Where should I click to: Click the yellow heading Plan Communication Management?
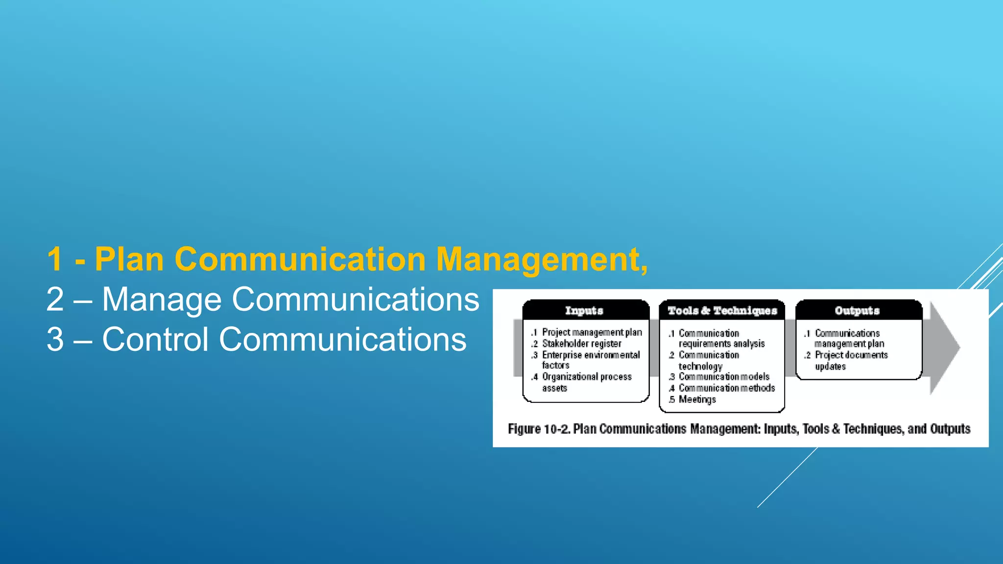point(347,259)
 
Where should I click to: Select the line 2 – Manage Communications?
point(263,299)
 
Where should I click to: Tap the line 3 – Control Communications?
point(256,339)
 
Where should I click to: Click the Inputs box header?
point(584,310)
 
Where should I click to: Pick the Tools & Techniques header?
point(722,310)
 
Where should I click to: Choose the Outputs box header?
point(857,310)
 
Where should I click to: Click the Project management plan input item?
point(592,332)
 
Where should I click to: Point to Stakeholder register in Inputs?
point(581,344)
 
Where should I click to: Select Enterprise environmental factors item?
point(590,360)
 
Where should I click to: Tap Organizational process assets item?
point(586,382)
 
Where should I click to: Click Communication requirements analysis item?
point(721,338)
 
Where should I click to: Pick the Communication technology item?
point(708,360)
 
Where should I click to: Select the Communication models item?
point(724,376)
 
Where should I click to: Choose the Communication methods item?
point(727,388)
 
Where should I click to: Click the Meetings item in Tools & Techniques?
point(697,399)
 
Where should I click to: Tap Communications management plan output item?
point(849,338)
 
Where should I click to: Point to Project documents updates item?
point(851,360)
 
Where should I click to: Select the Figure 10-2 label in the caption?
point(539,429)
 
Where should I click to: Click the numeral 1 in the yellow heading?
point(55,259)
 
